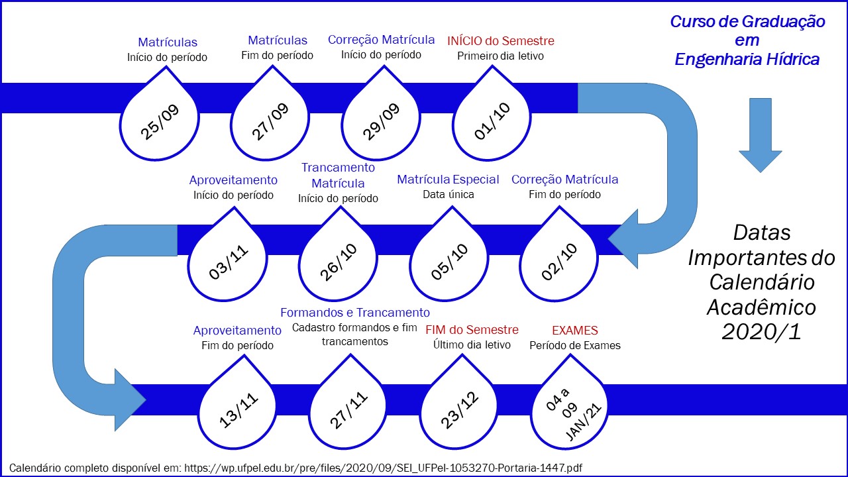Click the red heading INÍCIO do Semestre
tap(501, 41)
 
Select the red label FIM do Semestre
tap(472, 330)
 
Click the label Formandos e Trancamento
tap(355, 313)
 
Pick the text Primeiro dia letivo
tap(500, 56)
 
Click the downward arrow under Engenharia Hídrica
tap(760, 135)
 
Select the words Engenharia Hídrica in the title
tap(747, 60)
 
